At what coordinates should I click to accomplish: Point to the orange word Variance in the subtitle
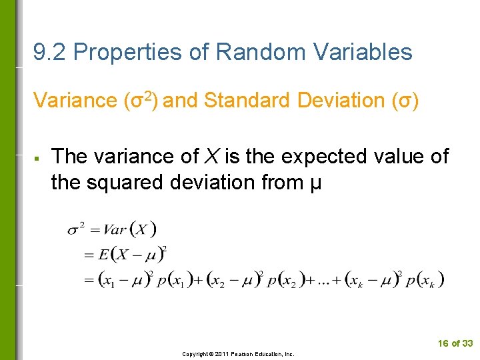(x=75, y=101)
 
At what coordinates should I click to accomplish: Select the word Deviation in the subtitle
(x=339, y=101)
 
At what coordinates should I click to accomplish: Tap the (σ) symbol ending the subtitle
(x=405, y=101)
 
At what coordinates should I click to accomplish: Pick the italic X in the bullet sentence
(x=211, y=156)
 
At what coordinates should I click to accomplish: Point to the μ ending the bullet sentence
(x=315, y=183)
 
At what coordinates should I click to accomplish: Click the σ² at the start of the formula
(x=75, y=230)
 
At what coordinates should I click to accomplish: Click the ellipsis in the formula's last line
(x=322, y=281)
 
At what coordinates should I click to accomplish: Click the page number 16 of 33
(x=455, y=343)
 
